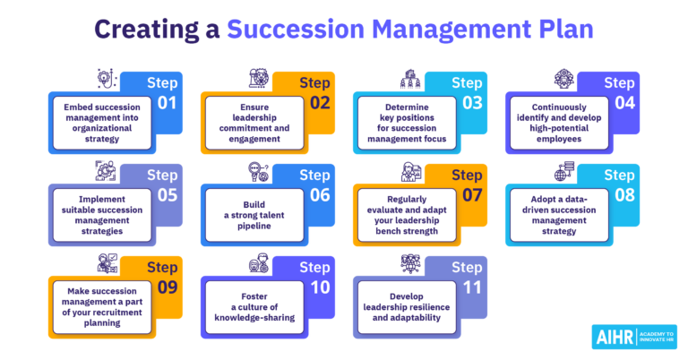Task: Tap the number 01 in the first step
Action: click(167, 102)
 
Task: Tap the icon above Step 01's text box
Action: click(106, 77)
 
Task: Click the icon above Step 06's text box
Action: click(258, 171)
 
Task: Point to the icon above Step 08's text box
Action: click(563, 171)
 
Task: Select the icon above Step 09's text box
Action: click(106, 263)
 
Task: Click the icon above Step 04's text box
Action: click(563, 77)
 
